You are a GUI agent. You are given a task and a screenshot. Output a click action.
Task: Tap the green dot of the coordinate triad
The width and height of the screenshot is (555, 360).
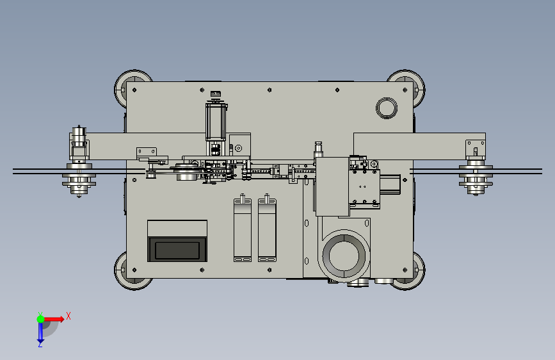tap(40, 319)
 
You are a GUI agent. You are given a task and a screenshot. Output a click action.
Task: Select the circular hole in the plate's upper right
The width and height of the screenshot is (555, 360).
tap(386, 108)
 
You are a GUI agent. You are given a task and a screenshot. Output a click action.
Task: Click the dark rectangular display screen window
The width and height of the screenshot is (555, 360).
tap(177, 250)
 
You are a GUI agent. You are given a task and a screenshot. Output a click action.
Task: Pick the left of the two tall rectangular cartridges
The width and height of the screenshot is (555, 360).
tap(243, 230)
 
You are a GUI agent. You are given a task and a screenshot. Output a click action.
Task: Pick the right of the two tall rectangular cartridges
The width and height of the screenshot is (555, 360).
tap(267, 230)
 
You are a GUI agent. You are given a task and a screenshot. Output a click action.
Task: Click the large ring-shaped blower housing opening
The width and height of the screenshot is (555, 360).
tap(344, 255)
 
